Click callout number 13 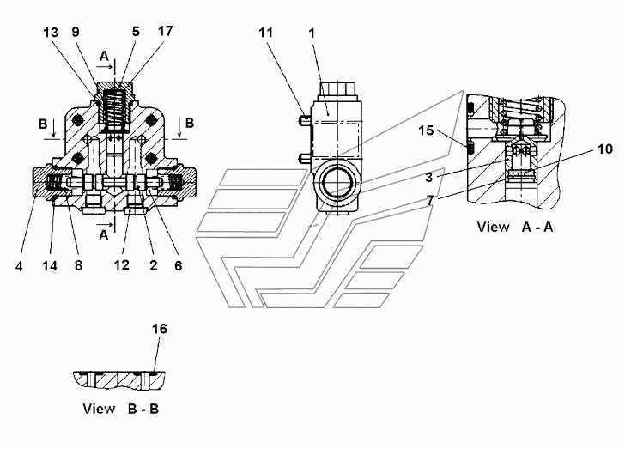coord(51,33)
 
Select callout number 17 coord(166,31)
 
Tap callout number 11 coord(266,33)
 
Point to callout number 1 coord(312,33)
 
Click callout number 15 coord(426,130)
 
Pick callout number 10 coord(605,149)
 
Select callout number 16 coord(159,329)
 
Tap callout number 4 coord(19,266)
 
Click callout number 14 coord(50,265)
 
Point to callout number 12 coord(122,264)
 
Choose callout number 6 coord(179,265)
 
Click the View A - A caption coord(515,227)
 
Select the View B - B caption coord(121,409)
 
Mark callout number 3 coord(429,177)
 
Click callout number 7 coord(429,201)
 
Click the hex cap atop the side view coord(337,88)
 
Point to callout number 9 coord(76,32)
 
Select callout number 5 coord(136,32)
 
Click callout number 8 coord(78,265)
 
